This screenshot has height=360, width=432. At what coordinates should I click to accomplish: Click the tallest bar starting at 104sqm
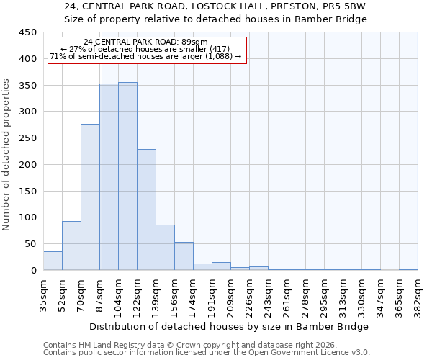coord(127,176)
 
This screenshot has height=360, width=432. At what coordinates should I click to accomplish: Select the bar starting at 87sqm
coord(109,177)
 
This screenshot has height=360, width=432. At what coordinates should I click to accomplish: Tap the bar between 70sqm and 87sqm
coord(90,197)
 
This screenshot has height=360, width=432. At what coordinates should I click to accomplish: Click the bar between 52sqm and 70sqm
coord(71,246)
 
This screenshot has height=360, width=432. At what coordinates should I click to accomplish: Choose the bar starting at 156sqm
coord(184,256)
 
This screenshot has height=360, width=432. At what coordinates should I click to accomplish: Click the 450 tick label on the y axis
coord(28,32)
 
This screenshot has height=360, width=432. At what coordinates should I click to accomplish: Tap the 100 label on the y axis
coord(28,217)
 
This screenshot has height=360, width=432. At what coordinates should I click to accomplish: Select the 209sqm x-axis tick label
coord(230,294)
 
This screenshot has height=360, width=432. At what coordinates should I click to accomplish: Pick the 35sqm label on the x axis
coord(43,294)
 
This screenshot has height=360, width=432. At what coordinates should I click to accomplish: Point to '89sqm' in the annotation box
coord(194,42)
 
